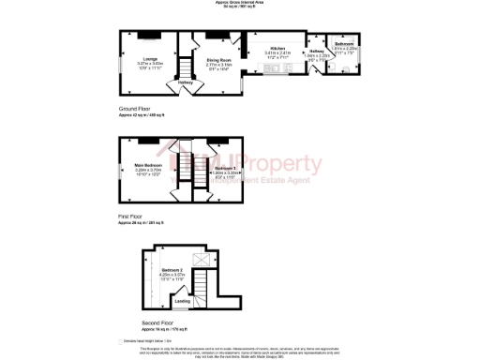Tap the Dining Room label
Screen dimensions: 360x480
coord(218,59)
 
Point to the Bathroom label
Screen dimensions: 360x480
coord(344,44)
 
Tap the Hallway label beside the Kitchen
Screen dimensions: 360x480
coord(316,51)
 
